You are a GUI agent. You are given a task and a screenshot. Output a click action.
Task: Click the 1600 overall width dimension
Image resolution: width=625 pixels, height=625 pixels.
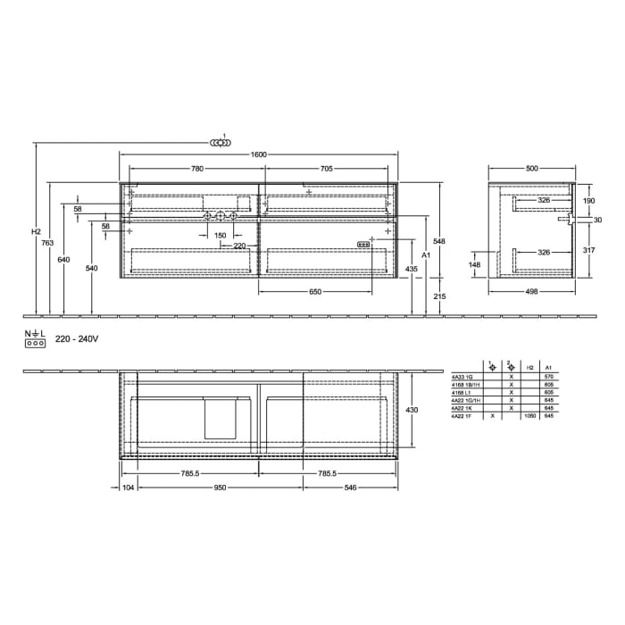pos(259,154)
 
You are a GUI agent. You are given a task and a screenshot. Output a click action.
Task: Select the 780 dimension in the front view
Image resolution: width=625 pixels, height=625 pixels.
pos(196,169)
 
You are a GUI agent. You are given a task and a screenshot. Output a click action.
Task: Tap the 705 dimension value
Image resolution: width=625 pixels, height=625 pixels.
pos(327,169)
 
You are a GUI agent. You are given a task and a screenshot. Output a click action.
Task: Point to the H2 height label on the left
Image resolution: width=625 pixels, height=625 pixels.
pos(36,232)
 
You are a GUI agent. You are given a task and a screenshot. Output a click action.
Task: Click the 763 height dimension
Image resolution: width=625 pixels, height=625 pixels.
pos(49,243)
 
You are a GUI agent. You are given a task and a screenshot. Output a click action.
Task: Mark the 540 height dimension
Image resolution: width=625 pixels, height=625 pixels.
pos(91,267)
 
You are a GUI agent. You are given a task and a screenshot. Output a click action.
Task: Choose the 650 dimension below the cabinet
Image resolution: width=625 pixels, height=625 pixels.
pos(315,292)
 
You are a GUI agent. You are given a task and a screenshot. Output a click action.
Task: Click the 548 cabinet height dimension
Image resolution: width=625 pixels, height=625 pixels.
pos(438,241)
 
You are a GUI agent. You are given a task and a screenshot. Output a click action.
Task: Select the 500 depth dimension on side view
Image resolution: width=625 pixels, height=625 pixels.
pos(532,168)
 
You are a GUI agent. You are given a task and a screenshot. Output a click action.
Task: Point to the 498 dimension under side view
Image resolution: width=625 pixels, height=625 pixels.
pos(532,290)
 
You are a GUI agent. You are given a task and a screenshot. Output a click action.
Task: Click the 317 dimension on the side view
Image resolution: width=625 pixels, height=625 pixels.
pos(588,251)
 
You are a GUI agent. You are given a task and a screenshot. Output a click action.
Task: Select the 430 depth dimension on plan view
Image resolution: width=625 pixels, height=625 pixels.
pos(412,409)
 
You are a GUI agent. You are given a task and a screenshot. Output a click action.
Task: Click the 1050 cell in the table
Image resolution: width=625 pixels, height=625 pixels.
pos(530,416)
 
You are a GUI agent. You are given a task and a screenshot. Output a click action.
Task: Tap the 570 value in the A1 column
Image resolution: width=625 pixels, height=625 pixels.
pos(548,377)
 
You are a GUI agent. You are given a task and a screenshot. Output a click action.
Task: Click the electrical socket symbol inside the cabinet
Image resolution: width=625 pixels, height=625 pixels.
pos(363,244)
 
